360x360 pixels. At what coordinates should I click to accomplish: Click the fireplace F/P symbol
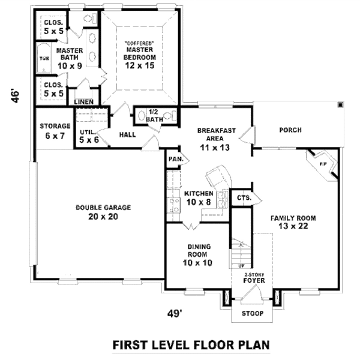[322, 163]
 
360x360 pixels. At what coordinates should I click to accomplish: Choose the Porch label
[290, 130]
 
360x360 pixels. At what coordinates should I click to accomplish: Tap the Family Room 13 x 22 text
[292, 222]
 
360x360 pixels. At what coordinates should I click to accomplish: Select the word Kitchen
[199, 194]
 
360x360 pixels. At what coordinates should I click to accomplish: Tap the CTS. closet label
[243, 197]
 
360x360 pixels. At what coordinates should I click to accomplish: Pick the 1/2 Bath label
[154, 115]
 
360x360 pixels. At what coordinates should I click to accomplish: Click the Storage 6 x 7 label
[55, 131]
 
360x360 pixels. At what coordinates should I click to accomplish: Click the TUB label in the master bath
[44, 58]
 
